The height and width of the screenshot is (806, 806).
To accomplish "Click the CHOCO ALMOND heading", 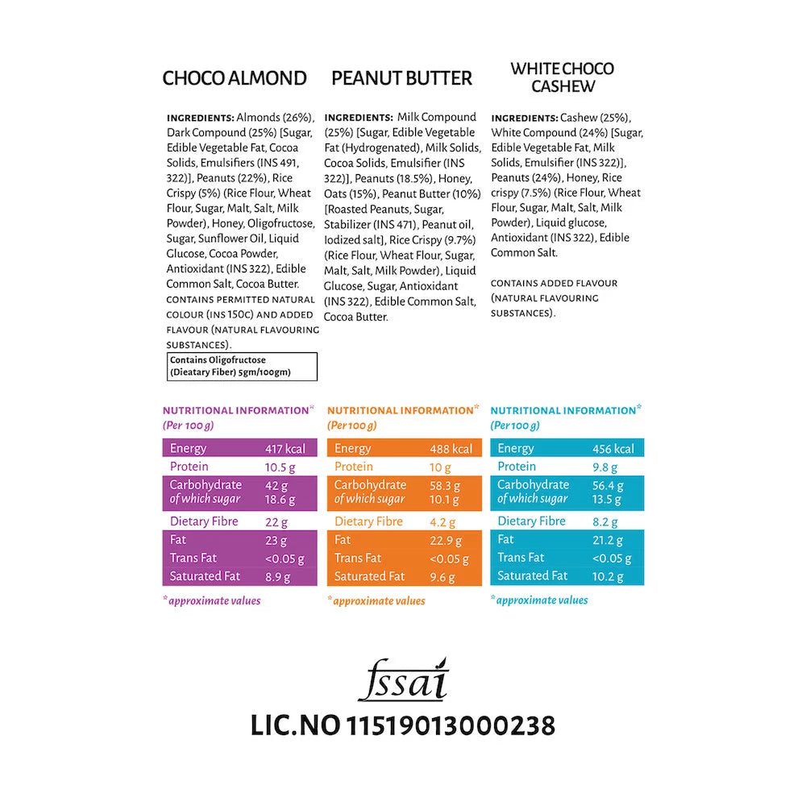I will pos(235,78).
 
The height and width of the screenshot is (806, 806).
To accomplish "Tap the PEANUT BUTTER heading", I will pos(401,78).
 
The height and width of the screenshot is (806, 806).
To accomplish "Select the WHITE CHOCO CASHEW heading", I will pos(562,77).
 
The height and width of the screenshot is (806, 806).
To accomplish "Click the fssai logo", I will pos(402,681).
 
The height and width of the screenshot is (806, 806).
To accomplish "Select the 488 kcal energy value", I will pos(451,449).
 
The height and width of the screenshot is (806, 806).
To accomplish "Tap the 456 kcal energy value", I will pos(613,449).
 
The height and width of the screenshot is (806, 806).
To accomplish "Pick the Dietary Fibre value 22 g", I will pos(276,521).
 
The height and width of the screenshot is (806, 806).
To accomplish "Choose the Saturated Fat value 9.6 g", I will pos(442,577).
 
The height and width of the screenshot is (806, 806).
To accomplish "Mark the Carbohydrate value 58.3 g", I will pos(446,485).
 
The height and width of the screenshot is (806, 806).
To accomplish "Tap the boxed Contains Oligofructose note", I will pos(242,366).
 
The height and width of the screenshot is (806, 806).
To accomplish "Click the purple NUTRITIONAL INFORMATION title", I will pos(236,410).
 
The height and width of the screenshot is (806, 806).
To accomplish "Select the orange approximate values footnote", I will pos(378,600).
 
